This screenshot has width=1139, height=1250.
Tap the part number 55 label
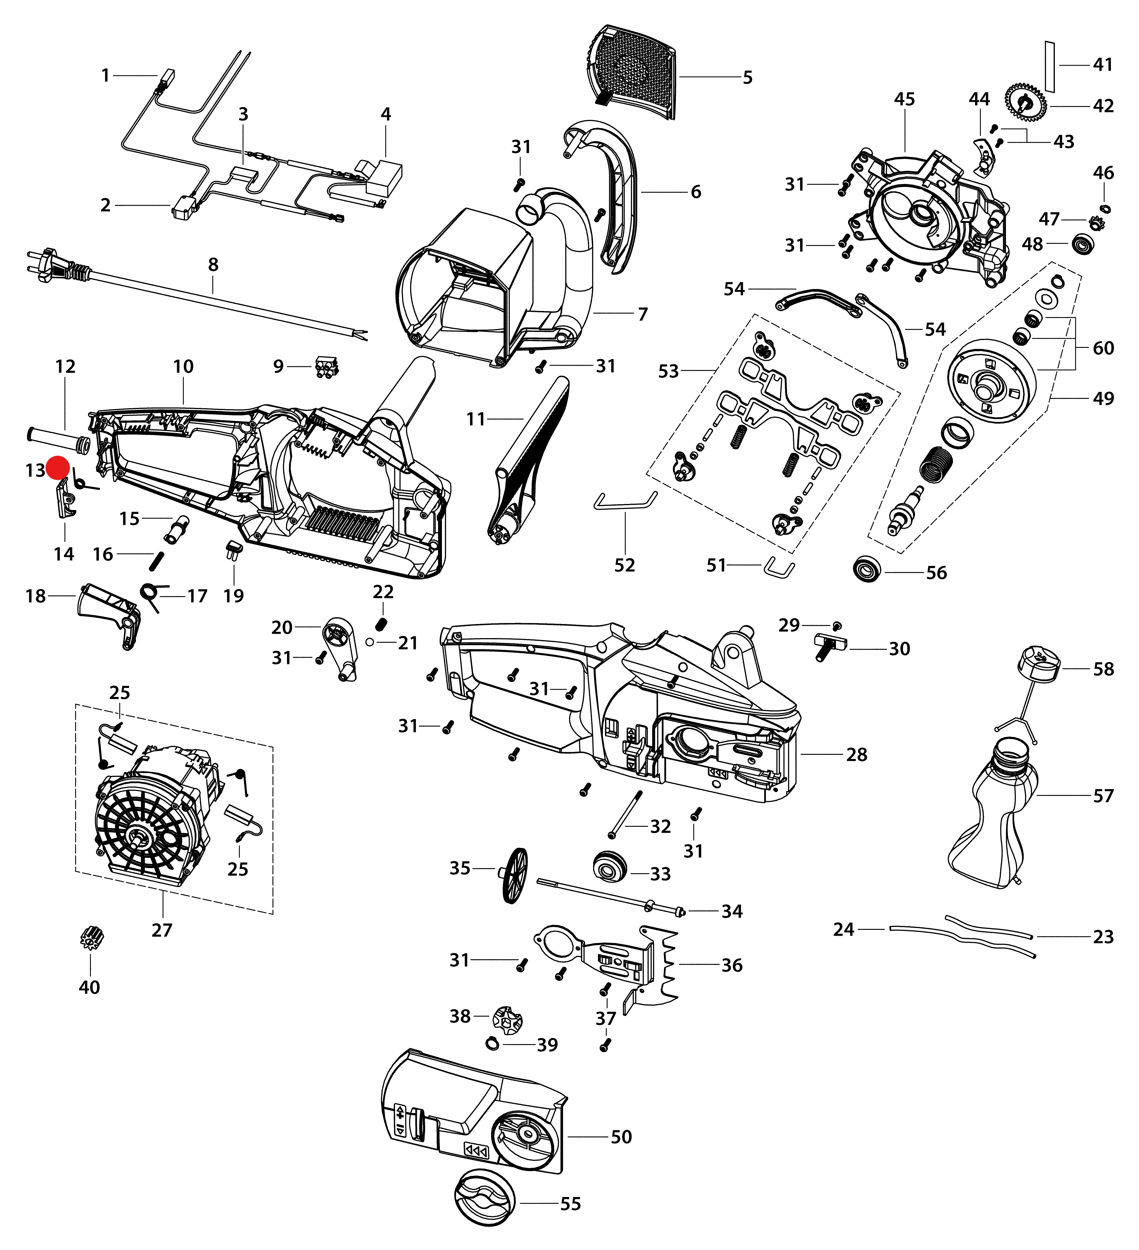coord(570,1204)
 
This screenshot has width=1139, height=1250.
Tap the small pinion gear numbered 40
coord(92,939)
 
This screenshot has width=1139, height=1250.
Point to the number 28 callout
coord(856,755)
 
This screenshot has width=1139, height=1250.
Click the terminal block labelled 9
coord(327,367)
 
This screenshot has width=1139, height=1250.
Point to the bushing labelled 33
coord(610,866)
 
